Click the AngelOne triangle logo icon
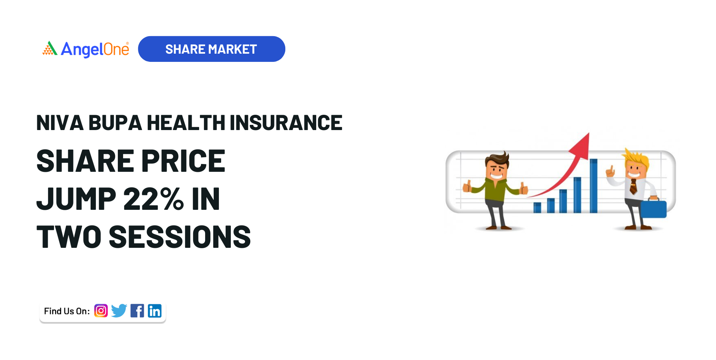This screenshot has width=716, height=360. click(50, 48)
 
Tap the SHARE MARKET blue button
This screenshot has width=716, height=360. click(211, 49)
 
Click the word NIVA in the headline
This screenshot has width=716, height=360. click(60, 123)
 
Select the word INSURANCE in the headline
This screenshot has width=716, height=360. click(286, 123)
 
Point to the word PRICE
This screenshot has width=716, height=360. click(183, 161)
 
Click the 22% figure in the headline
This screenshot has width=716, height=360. click(153, 199)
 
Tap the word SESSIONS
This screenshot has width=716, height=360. click(180, 237)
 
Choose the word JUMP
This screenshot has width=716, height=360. click(76, 199)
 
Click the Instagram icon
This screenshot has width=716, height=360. click(101, 310)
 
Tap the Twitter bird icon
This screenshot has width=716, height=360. click(119, 310)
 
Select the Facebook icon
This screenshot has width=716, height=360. click(137, 311)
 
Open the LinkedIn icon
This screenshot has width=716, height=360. click(155, 311)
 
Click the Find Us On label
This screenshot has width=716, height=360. click(67, 311)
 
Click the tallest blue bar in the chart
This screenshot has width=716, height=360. click(593, 186)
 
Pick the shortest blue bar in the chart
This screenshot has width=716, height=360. click(537, 208)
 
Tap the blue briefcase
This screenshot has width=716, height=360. click(653, 208)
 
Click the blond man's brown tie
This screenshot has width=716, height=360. click(633, 187)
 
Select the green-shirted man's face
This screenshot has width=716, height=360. click(496, 170)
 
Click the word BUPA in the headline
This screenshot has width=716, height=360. click(115, 123)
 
